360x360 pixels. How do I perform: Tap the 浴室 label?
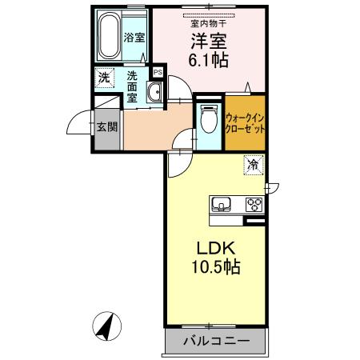[134, 38]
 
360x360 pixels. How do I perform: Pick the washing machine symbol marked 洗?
[104, 78]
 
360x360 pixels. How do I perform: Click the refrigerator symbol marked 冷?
[253, 167]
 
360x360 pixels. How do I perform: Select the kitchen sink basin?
[222, 204]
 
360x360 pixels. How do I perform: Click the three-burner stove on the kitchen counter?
[254, 203]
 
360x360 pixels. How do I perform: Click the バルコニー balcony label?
[214, 342]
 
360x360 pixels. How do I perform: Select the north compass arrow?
[106, 326]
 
